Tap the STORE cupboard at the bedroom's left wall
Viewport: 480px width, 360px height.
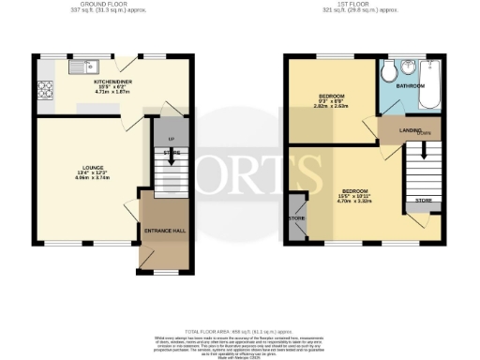[x=297, y=217]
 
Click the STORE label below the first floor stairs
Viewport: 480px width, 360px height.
[x=423, y=201]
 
